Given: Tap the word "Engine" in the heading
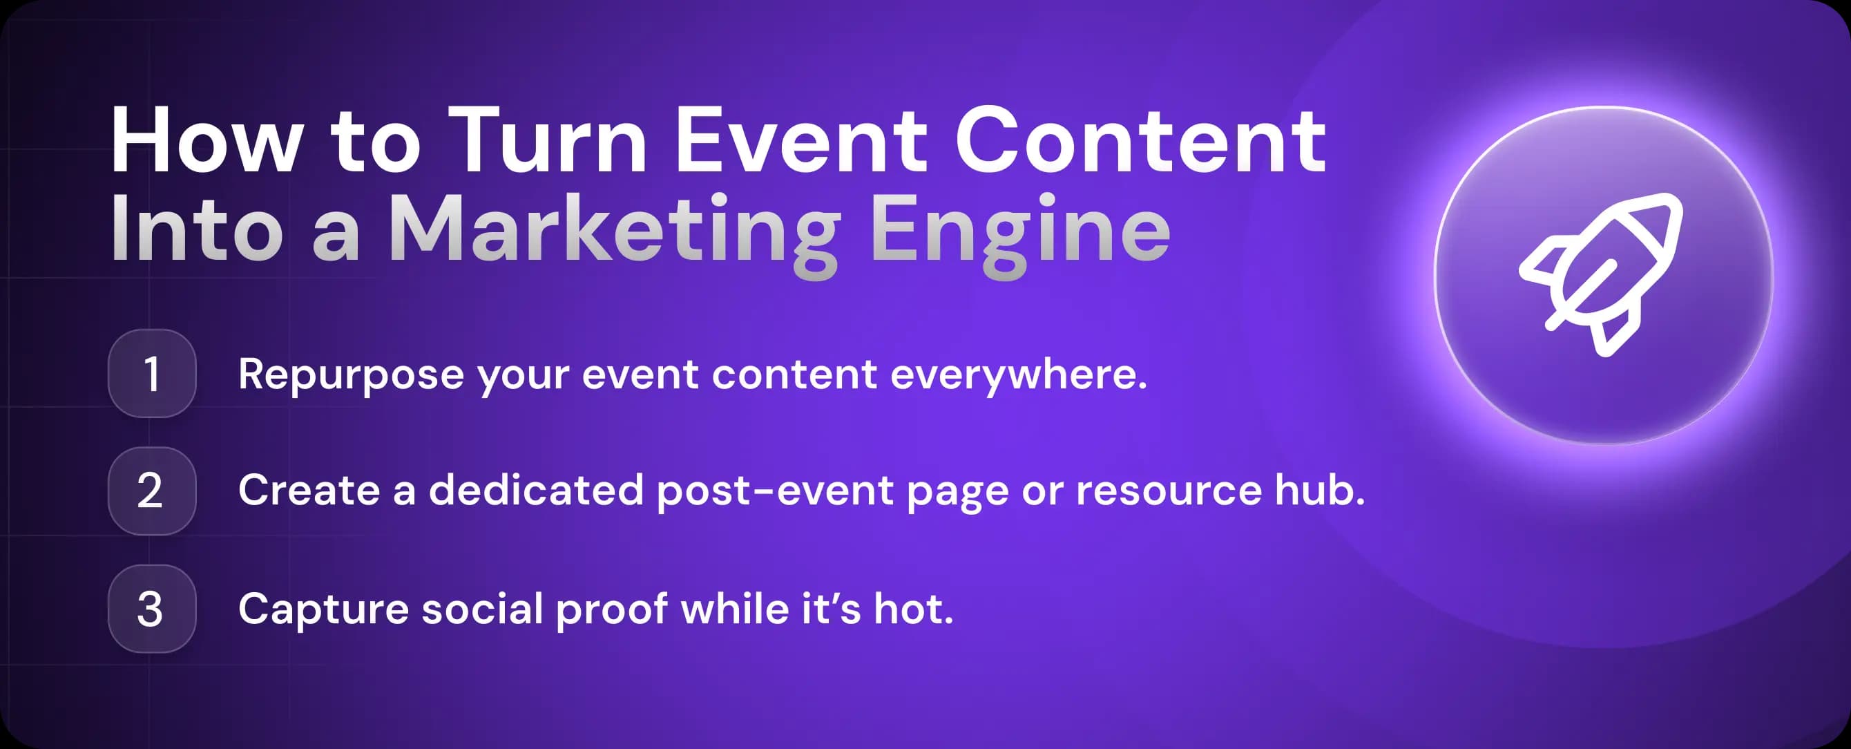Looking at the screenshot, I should click(1020, 230).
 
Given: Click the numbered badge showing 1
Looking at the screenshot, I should click(152, 374).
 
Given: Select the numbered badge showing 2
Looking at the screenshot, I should click(152, 491).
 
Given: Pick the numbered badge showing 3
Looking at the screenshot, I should click(152, 609).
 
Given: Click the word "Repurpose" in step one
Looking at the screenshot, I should click(351, 375).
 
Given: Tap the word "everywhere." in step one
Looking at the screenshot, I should click(1018, 375).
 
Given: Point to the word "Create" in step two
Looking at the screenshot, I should click(309, 491).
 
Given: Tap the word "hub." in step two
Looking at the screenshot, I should click(1319, 491).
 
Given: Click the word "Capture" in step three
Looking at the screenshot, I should click(323, 610).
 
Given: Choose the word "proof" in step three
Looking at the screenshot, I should click(611, 610).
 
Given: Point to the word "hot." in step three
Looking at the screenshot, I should click(913, 609).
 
